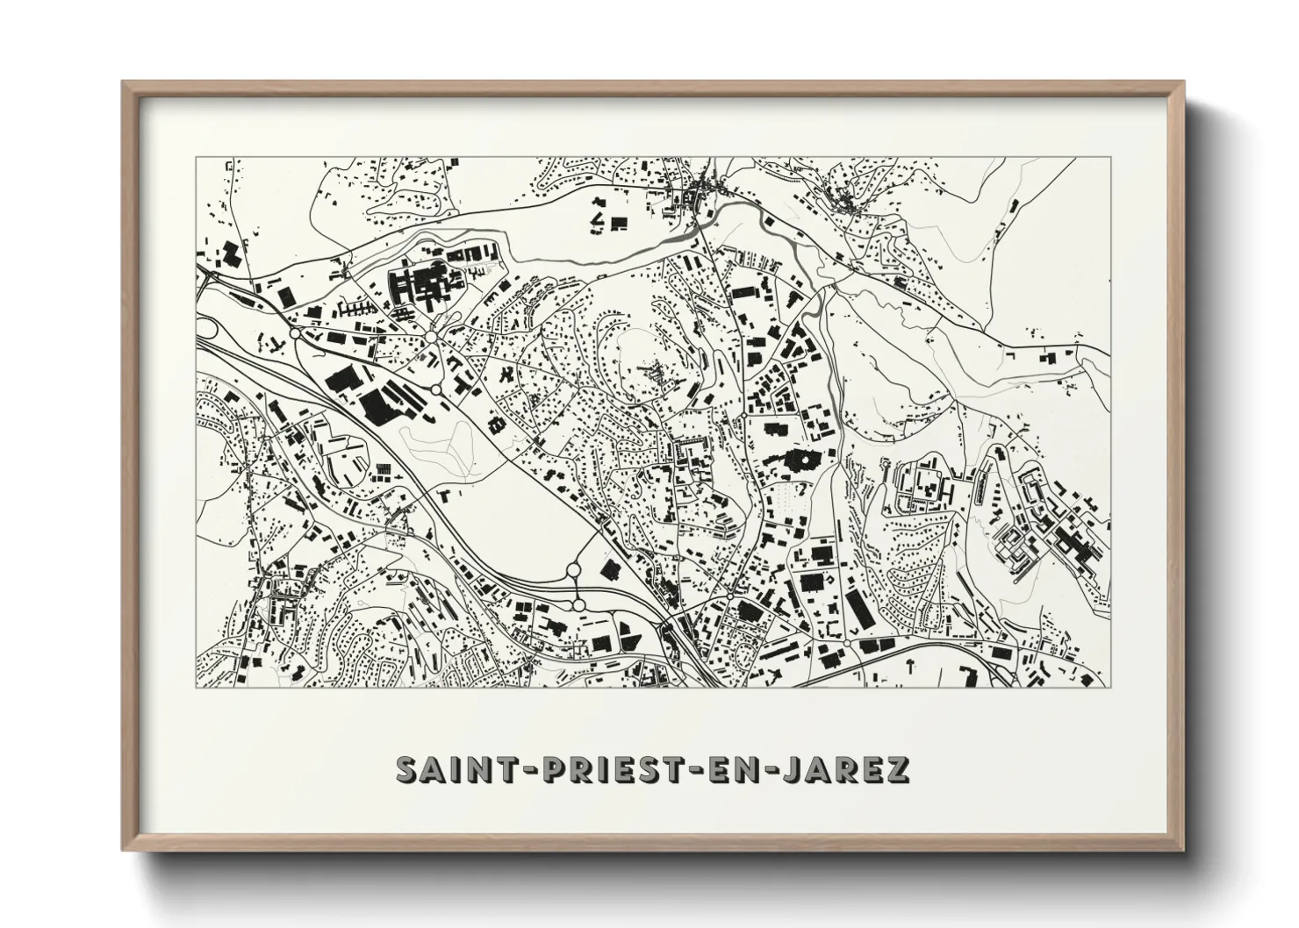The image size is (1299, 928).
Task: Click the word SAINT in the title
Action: [x=443, y=769]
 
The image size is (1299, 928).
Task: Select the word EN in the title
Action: [x=728, y=769]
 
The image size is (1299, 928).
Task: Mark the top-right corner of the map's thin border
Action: [x=1110, y=157]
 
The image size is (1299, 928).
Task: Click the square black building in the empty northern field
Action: [x=618, y=223]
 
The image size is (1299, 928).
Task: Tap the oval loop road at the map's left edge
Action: [x=208, y=328]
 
